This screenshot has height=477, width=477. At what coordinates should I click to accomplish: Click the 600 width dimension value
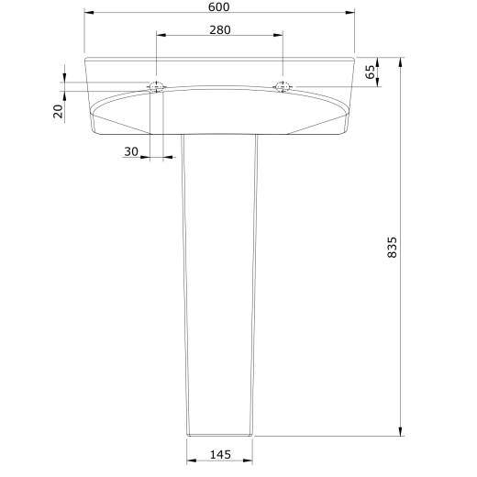point(218,6)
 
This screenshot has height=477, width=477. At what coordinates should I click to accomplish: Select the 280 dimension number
point(220,30)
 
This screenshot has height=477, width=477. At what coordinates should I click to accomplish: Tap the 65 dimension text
point(370,72)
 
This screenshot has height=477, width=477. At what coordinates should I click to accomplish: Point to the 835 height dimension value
point(392,247)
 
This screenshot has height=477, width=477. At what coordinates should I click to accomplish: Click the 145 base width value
point(220,455)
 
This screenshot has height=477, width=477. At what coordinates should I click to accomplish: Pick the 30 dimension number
point(131,151)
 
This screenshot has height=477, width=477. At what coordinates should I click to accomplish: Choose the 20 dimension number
point(58,111)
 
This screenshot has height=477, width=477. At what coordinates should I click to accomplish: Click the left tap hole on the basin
point(157,86)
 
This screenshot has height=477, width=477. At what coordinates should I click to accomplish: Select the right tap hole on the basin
point(283,86)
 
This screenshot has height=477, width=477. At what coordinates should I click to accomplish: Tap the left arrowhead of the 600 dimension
point(89,13)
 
